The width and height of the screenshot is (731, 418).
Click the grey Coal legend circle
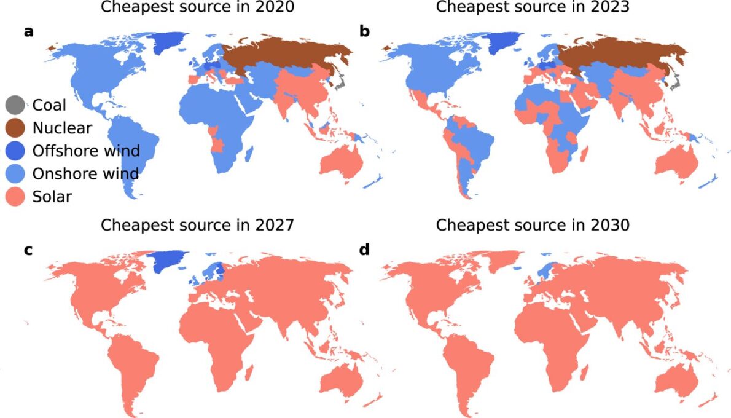coord(15,105)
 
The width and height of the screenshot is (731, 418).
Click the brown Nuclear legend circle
coord(15,128)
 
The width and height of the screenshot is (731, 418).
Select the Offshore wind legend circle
coord(15,151)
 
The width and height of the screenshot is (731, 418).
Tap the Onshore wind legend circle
coord(15,174)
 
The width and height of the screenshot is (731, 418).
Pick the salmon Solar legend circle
coord(15,197)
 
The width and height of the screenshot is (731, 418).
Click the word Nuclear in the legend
coord(63,128)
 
